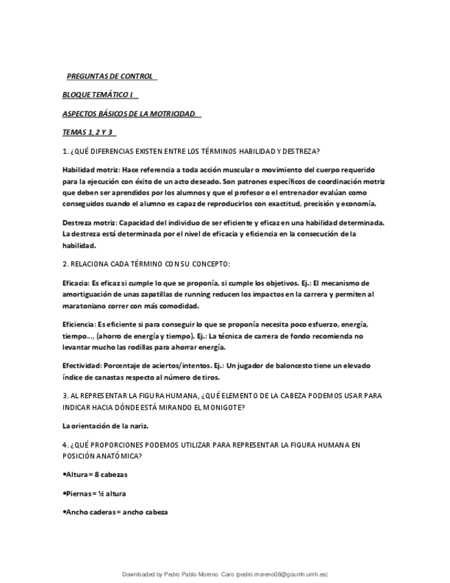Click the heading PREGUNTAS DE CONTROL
coord(110,76)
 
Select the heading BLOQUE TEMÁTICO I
coord(98,94)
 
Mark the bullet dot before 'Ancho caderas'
coord(64,512)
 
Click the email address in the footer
coord(282,575)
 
